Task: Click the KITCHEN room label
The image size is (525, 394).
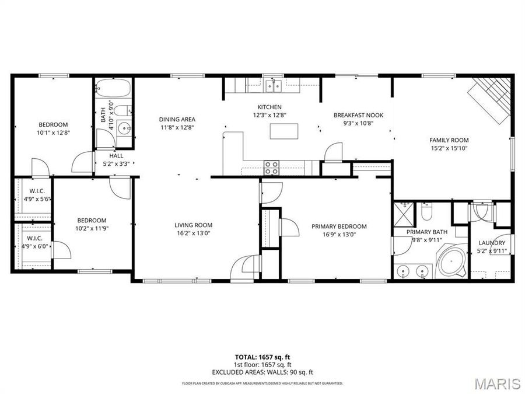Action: point(269,107)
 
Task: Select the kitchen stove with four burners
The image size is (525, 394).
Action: point(272,168)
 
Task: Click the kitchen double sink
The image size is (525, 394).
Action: point(272,86)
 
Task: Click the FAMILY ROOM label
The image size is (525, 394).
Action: point(449,140)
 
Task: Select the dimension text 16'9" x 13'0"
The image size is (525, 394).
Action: point(338,235)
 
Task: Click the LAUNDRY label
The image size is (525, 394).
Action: point(491,243)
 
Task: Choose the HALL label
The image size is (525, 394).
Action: point(116,156)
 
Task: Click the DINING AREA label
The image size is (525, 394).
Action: point(177,119)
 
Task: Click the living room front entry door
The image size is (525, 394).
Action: point(243,269)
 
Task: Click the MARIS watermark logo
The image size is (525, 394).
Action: point(496,383)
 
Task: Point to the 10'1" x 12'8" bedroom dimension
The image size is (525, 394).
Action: point(53,133)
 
